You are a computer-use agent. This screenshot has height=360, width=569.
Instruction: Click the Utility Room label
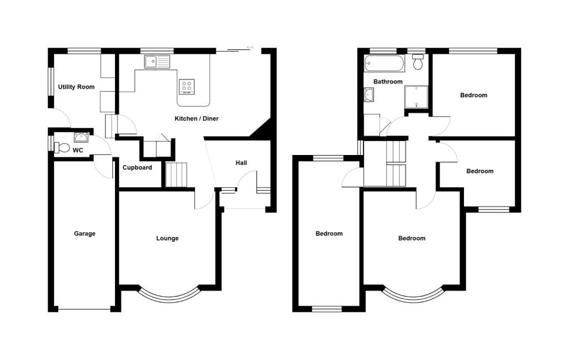77,87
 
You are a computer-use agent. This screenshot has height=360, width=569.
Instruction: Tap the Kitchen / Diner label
196,119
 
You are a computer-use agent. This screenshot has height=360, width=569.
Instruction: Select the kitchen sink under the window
157,62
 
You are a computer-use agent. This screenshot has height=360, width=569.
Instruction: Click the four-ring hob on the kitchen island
187,86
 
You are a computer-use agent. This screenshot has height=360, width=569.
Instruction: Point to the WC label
78,151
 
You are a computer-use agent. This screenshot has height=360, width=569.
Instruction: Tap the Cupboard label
137,167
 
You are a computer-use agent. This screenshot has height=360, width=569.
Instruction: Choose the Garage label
84,233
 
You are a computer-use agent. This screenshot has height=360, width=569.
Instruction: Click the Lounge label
167,238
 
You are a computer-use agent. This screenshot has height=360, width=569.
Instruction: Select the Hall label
241,163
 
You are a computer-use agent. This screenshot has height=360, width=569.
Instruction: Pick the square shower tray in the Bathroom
416,97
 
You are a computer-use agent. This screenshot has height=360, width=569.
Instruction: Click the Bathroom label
388,82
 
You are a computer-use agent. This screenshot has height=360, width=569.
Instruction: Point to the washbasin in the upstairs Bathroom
369,95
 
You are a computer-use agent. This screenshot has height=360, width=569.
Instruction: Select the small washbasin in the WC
81,137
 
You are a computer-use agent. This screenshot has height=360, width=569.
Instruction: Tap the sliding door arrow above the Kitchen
250,47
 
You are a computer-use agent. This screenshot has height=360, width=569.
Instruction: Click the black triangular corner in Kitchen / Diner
263,130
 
